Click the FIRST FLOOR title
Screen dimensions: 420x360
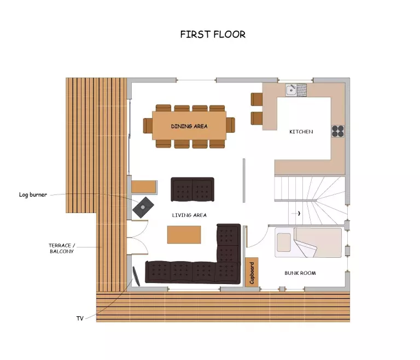tap(213, 34)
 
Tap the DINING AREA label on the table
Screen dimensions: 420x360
tap(189, 126)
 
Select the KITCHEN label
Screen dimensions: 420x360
tap(301, 132)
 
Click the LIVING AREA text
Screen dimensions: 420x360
tap(189, 215)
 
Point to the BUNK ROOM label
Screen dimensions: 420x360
tap(300, 273)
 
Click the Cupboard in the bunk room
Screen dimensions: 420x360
tap(252, 272)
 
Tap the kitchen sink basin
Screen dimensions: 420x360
tap(291, 90)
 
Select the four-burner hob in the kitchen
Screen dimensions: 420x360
tap(338, 131)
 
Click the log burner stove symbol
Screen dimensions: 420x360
tap(143, 208)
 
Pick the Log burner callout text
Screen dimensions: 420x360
tap(33, 194)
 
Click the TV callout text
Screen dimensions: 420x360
tap(80, 318)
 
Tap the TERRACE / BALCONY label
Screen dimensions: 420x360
tap(62, 249)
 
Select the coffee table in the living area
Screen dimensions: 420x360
tap(184, 234)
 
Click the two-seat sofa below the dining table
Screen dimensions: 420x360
tap(192, 189)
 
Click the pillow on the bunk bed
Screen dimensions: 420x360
tap(284, 243)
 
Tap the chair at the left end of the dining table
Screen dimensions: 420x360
tap(148, 126)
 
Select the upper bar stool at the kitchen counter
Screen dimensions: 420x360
tap(256, 99)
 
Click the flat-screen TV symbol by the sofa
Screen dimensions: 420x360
tap(136, 276)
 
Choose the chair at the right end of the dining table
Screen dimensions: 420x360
tap(231, 125)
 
